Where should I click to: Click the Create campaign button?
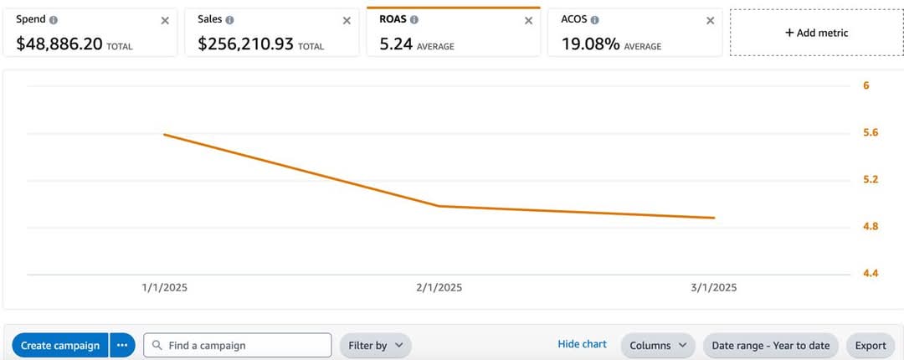(x=59, y=345)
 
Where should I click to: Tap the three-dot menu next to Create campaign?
(x=122, y=345)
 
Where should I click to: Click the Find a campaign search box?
(x=238, y=345)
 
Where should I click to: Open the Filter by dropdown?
(x=375, y=345)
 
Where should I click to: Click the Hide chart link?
(x=582, y=344)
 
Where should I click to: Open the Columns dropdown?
(x=658, y=345)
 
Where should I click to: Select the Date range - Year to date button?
(x=770, y=345)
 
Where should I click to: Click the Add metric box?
(x=816, y=33)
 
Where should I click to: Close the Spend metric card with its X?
(x=165, y=20)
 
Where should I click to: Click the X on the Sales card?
(x=347, y=20)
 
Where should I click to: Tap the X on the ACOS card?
(x=711, y=20)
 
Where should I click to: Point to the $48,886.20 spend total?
(x=59, y=44)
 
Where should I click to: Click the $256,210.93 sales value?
(x=245, y=44)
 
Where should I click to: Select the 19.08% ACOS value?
(x=590, y=44)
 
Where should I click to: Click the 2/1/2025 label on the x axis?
(x=439, y=287)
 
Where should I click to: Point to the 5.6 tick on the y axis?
(x=871, y=132)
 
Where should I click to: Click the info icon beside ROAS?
(x=414, y=19)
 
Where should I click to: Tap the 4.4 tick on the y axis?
(x=871, y=273)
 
